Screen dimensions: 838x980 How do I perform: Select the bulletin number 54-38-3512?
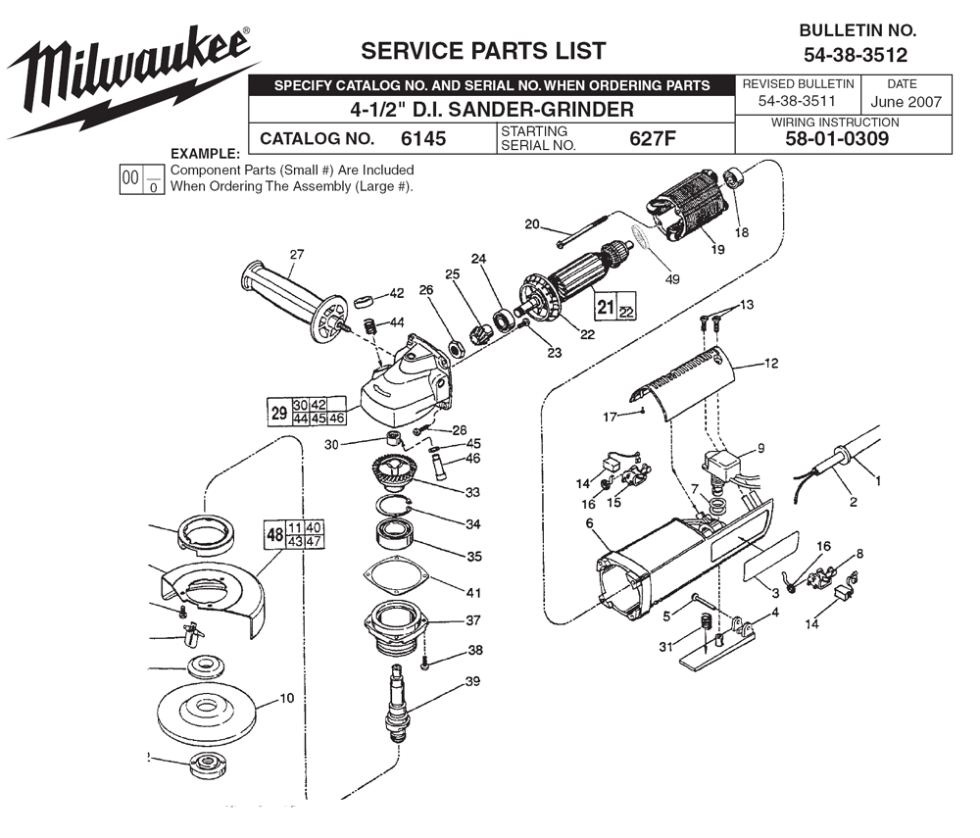click(856, 55)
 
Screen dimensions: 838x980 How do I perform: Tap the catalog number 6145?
click(422, 139)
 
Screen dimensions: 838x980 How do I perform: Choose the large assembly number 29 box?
click(279, 413)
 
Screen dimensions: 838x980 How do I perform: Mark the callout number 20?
click(532, 224)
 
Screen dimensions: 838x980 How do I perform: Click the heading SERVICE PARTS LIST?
click(483, 51)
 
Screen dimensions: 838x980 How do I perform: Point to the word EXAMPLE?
click(205, 154)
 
